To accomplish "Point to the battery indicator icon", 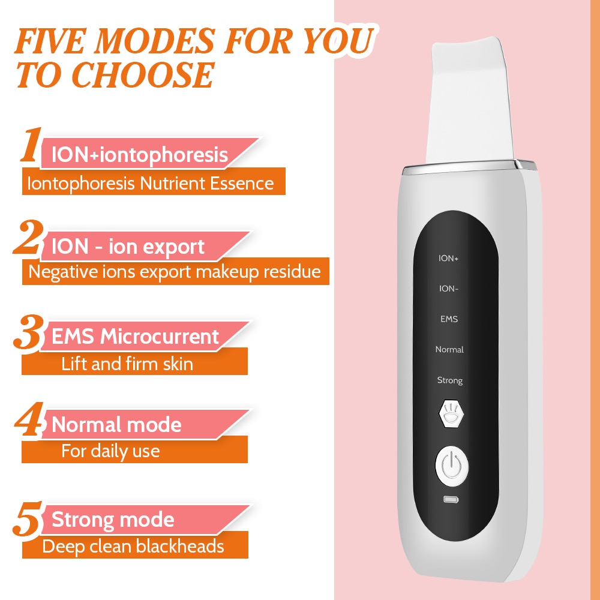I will tap(450, 499).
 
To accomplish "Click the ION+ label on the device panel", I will tap(449, 259).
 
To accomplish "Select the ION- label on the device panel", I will tap(449, 289).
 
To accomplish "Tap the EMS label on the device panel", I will tap(449, 319).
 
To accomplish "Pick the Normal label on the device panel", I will tap(449, 349).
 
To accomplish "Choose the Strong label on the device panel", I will tap(449, 380).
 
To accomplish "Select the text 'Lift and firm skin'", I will tap(127, 364).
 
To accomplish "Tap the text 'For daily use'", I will tap(110, 451).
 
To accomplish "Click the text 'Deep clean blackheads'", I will tap(133, 547).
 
